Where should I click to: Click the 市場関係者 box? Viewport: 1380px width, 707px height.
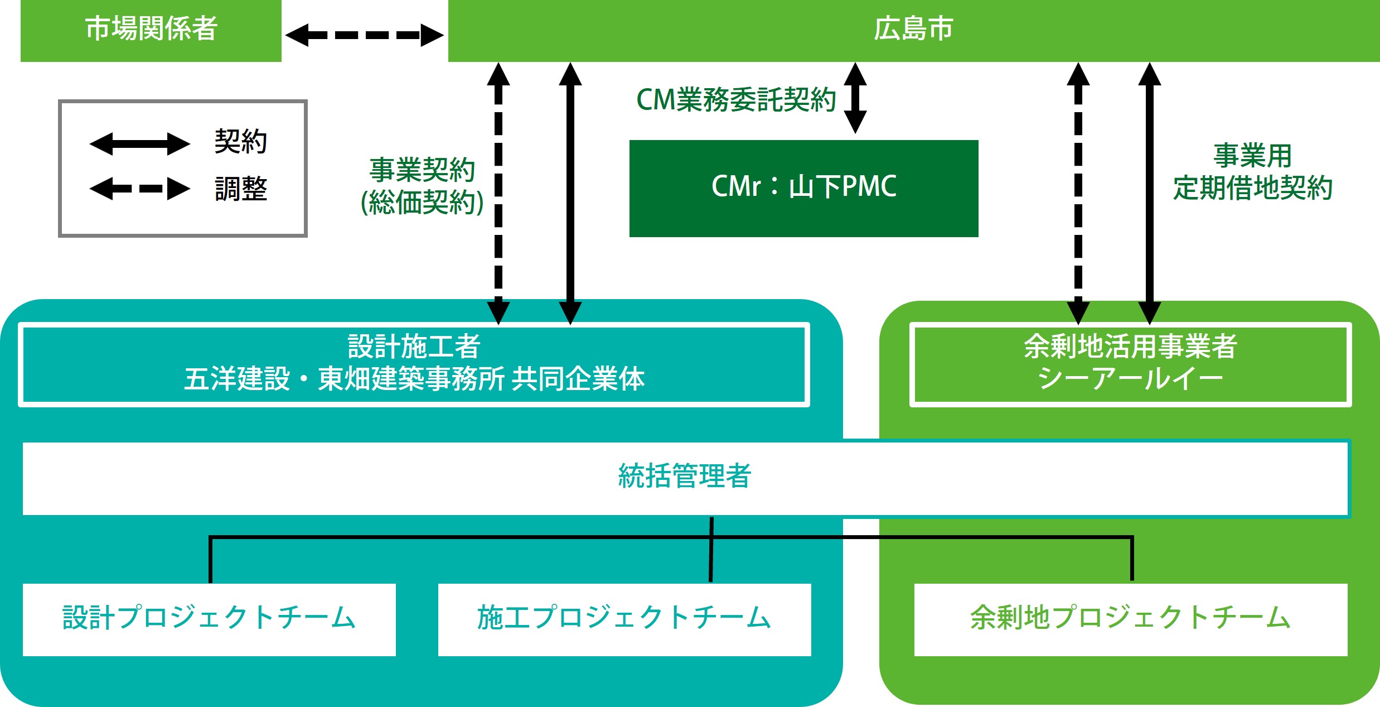151,31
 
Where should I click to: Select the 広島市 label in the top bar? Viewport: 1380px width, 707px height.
913,28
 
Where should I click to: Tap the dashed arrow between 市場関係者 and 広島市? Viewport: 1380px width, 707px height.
365,35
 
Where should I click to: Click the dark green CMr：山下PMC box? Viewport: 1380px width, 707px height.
803,188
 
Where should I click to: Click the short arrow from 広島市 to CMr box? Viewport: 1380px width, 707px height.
855,98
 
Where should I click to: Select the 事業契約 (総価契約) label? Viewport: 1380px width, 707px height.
422,186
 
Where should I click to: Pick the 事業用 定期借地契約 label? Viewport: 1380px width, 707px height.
1252,171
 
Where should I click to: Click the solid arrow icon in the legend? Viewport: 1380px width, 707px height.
140,144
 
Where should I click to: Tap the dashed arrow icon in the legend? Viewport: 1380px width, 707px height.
140,189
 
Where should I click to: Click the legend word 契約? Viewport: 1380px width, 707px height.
241,141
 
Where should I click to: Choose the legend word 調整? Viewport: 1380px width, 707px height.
241,189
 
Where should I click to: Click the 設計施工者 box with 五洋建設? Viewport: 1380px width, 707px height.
414,364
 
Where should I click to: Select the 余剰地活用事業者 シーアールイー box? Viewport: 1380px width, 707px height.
1131,364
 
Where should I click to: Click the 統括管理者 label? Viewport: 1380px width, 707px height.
685,476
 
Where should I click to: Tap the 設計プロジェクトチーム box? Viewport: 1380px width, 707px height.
209,619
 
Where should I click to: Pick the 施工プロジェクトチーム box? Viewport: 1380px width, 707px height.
624,619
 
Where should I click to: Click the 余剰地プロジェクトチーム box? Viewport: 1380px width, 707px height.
1131,619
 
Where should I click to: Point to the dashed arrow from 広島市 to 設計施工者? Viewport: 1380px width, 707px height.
498,193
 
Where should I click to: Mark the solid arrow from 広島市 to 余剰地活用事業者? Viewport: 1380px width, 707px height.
1150,193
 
